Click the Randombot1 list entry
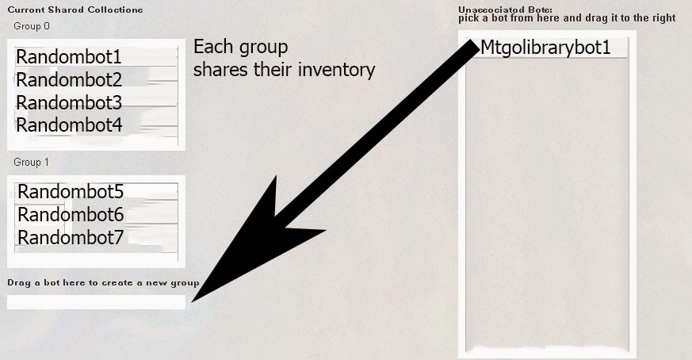(68, 56)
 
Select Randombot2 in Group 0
(69, 79)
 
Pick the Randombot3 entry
(69, 102)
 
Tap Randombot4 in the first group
(69, 125)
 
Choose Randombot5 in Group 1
(71, 192)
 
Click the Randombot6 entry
(71, 215)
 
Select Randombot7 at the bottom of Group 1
(71, 238)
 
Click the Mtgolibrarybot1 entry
(545, 48)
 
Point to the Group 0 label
(32, 26)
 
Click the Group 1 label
(32, 162)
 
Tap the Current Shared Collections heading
(75, 10)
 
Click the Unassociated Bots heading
(505, 10)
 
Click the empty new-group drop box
(96, 302)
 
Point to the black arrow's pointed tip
(192, 302)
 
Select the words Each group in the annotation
(240, 48)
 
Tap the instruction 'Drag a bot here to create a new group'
(103, 283)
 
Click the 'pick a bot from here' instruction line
(567, 18)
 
